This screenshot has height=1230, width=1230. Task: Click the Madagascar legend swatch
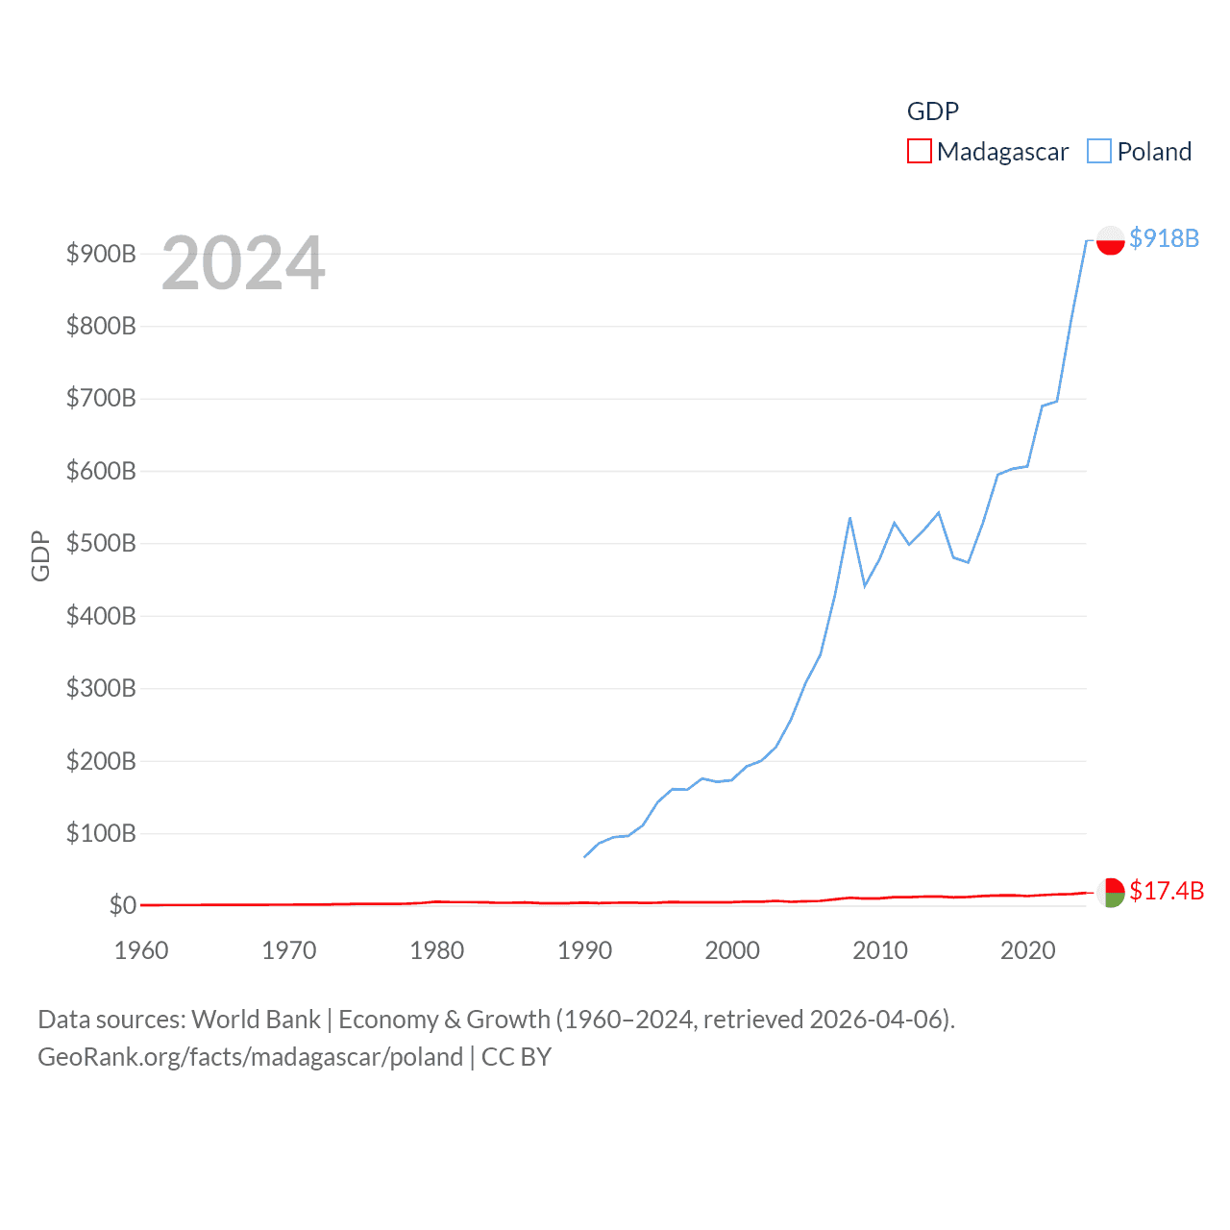(x=919, y=152)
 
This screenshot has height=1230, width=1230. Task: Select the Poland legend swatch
(x=1099, y=152)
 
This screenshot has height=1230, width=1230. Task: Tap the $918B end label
(x=1164, y=238)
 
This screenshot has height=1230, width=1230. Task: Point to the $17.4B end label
(x=1166, y=891)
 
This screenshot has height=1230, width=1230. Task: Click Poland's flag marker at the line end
(x=1110, y=240)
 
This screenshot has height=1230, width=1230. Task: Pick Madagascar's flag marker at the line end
(x=1110, y=893)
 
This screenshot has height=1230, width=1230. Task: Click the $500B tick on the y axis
(x=101, y=543)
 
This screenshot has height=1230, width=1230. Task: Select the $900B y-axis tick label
(x=101, y=254)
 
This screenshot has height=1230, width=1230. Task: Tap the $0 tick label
(x=122, y=905)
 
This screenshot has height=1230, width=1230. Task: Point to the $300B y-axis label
(x=101, y=688)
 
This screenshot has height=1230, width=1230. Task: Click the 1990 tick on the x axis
(x=584, y=950)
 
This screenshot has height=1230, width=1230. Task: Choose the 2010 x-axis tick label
(x=880, y=950)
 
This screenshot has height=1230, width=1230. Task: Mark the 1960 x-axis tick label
(x=141, y=950)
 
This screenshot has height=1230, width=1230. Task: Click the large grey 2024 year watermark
(x=243, y=263)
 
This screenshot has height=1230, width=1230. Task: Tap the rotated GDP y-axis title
(x=40, y=555)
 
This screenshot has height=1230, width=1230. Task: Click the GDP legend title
(x=932, y=111)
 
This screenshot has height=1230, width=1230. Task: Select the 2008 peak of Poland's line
(x=849, y=518)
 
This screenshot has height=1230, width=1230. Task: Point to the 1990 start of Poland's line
(x=584, y=856)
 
